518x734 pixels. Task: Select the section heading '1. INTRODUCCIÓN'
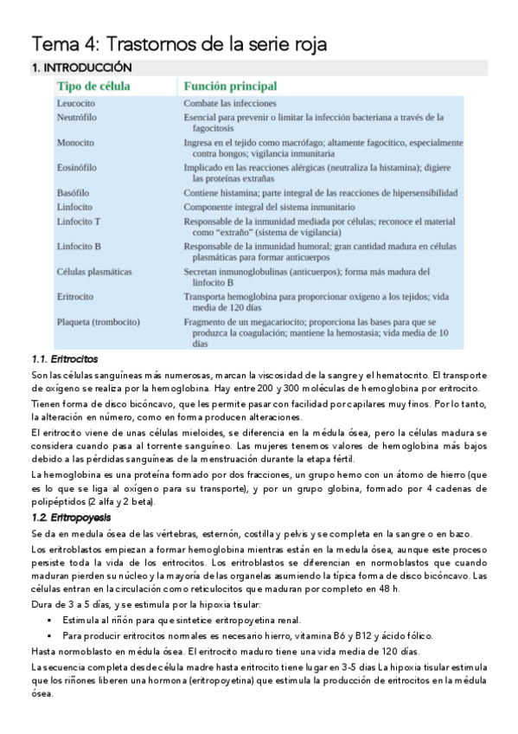tap(81, 68)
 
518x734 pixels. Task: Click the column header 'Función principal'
tap(230, 87)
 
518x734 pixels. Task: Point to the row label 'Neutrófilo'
tap(77, 117)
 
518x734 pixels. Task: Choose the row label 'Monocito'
tap(75, 142)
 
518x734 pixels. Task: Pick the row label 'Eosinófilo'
tap(77, 167)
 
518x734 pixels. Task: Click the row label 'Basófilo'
tap(74, 192)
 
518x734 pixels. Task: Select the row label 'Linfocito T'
tap(78, 222)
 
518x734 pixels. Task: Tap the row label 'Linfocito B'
tap(79, 247)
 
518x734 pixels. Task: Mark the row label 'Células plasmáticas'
tap(94, 271)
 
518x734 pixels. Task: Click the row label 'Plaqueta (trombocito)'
tap(98, 321)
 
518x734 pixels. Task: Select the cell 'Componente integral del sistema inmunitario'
tap(269, 207)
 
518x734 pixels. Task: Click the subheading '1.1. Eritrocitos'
tap(64, 358)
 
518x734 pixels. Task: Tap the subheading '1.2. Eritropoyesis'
tap(70, 517)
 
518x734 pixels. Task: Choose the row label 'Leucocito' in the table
tap(76, 103)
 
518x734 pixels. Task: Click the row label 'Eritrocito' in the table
tap(75, 296)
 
